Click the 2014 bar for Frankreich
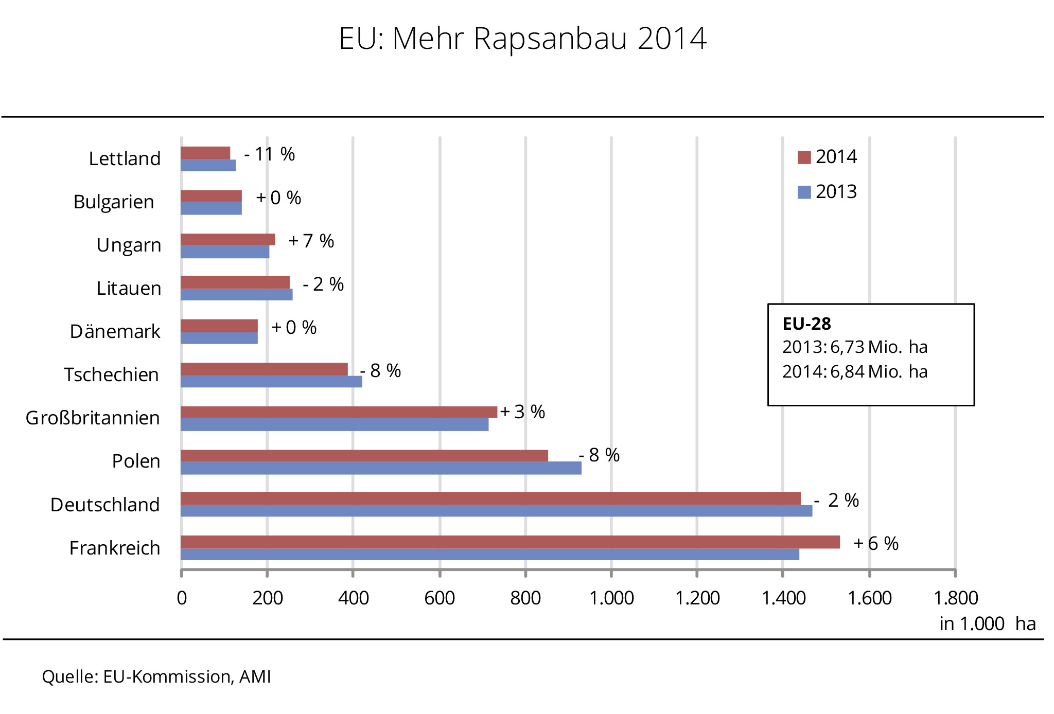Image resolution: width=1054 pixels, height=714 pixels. coord(510,542)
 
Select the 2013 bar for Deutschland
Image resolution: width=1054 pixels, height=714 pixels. coord(496,511)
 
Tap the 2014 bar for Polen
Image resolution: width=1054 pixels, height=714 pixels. coord(364,456)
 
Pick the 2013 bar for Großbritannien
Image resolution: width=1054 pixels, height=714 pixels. coord(335,424)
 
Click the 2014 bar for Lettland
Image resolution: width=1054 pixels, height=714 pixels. coord(205,153)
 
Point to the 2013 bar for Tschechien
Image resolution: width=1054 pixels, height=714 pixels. coord(271,382)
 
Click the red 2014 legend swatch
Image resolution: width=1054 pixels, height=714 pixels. coord(804,157)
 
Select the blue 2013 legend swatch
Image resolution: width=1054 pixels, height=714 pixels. coord(804,192)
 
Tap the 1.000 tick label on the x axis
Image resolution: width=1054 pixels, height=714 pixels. coord(611,598)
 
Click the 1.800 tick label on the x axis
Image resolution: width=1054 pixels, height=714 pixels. coord(956,598)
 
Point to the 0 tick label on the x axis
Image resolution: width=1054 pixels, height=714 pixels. coord(182,598)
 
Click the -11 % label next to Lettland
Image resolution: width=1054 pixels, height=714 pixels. coord(270,154)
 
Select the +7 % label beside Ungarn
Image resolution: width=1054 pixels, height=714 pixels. coord(311,241)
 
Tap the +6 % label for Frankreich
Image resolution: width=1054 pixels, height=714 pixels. coord(875,543)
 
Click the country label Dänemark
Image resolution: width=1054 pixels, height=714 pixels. coord(115,332)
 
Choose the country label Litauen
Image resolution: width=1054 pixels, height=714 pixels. coord(129,289)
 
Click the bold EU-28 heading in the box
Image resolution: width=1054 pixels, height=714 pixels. coord(806,324)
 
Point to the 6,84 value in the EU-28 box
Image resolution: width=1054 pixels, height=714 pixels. coord(847,371)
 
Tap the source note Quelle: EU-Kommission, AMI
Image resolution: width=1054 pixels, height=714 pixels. coord(156,676)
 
